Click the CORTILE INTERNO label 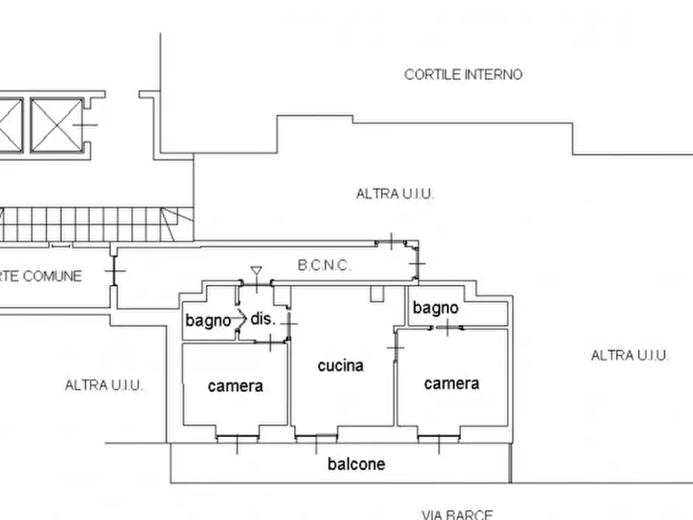[463, 75]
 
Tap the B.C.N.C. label [324, 265]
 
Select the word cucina [341, 365]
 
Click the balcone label [356, 464]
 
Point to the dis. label [260, 317]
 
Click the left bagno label [208, 320]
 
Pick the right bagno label [435, 308]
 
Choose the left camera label [235, 386]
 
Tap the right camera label [451, 383]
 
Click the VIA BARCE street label [457, 515]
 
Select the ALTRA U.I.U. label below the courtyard [395, 194]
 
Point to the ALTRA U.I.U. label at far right [630, 355]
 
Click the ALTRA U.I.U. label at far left [104, 385]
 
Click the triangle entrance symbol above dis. [256, 271]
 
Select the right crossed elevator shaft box [56, 125]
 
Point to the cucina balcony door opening [317, 440]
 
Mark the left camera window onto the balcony [237, 440]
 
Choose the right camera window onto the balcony [440, 440]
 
